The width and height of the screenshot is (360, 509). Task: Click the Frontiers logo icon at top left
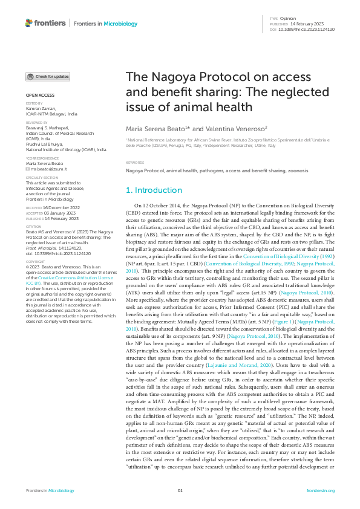(x=30, y=23)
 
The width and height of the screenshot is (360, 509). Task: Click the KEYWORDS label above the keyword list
(x=134, y=163)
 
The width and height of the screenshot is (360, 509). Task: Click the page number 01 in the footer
(x=180, y=490)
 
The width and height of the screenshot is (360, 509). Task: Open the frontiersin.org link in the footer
(x=321, y=490)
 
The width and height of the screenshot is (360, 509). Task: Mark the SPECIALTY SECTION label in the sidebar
(x=42, y=178)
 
